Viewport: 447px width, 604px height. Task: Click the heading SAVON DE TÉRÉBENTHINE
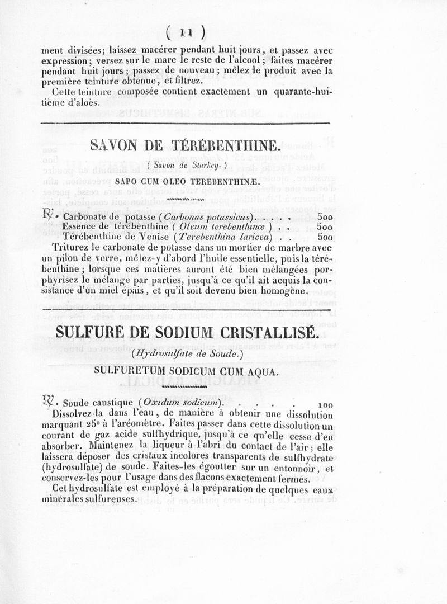[x=186, y=147]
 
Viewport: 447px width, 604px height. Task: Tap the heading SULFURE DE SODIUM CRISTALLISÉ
[x=186, y=333]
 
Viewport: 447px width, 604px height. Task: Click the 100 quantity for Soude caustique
[x=325, y=404]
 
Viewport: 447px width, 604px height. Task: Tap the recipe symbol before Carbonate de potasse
[x=49, y=214]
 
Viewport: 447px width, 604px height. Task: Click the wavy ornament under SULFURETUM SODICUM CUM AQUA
[x=184, y=386]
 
